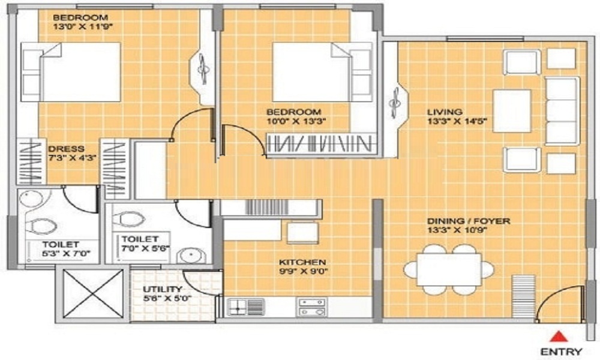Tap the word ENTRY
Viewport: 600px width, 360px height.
tap(560, 352)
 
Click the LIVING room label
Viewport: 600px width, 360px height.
tap(444, 112)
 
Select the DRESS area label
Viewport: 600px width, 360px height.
tap(66, 149)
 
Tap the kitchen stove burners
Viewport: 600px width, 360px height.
tap(311, 307)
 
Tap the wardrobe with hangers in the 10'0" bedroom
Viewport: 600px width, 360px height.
tap(320, 144)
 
